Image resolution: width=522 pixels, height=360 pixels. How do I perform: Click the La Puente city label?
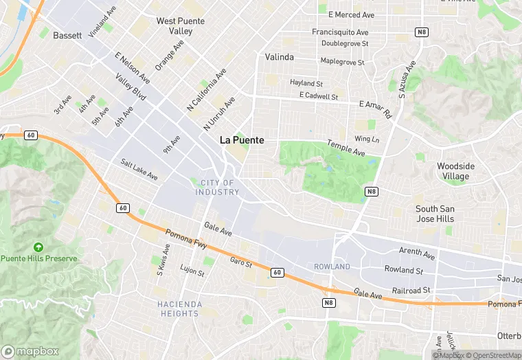coord(242,139)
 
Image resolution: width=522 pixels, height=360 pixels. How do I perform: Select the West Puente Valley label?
coord(180,26)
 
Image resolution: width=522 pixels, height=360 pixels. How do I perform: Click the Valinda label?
coord(280,57)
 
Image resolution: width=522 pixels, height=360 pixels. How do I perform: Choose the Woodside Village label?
coord(455,171)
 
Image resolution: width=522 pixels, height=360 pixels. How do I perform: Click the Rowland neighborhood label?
coord(332,267)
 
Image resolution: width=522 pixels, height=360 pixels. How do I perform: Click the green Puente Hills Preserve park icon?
coord(38,247)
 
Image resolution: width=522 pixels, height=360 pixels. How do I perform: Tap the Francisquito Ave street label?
coord(340,32)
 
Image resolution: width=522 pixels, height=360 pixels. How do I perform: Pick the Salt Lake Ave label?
coord(139,170)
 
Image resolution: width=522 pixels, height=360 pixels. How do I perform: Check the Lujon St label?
coord(192,269)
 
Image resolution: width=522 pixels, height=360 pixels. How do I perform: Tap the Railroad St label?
coord(411,291)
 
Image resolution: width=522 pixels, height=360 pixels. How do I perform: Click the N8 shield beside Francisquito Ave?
coord(421,32)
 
